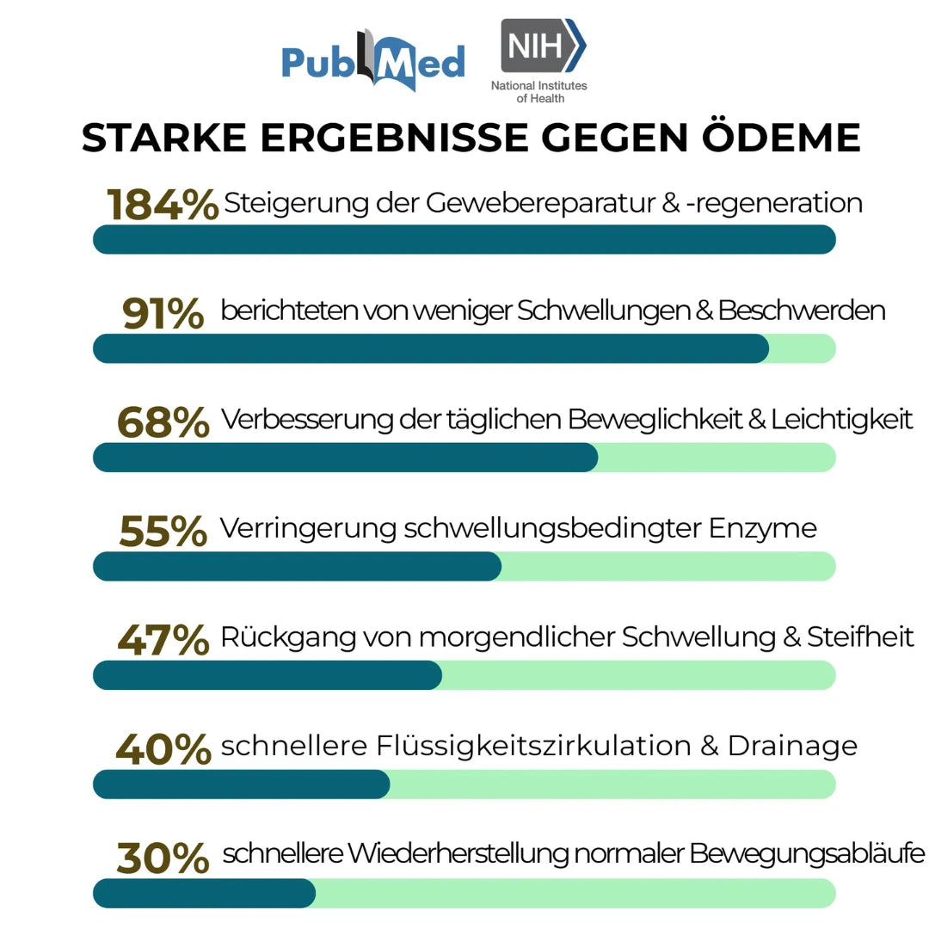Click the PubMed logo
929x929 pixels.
372,60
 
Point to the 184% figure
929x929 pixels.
163,205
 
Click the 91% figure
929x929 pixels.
163,313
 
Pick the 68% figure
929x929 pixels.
163,421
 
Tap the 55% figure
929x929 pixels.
163,531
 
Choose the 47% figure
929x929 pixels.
163,639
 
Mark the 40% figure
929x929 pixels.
163,748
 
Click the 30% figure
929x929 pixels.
163,858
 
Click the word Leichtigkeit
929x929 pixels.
842,420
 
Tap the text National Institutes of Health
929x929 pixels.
539,92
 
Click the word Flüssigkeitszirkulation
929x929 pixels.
534,746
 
